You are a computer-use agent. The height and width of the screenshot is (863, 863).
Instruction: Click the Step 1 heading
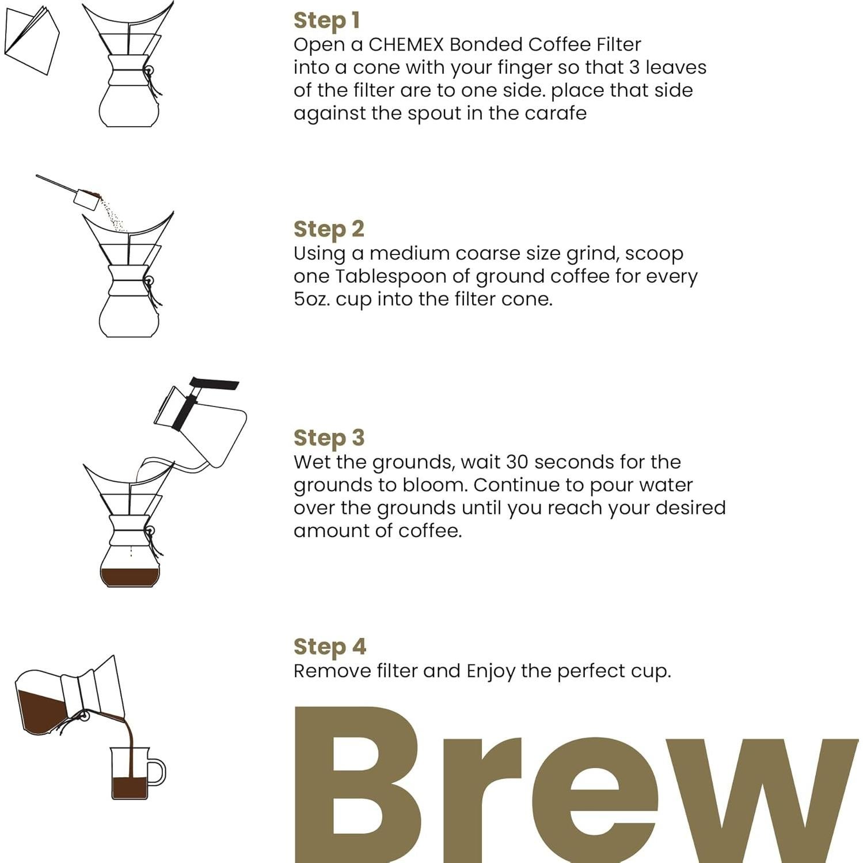326,20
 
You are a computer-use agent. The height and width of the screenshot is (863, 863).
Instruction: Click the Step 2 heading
329,229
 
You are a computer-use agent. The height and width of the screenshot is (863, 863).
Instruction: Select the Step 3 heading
329,438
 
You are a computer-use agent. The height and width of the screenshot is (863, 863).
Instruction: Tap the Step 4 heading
329,647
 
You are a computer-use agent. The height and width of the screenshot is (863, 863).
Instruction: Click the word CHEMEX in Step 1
405,44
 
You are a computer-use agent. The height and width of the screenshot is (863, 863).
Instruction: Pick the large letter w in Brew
766,800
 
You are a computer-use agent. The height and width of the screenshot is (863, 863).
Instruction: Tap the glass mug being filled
130,774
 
